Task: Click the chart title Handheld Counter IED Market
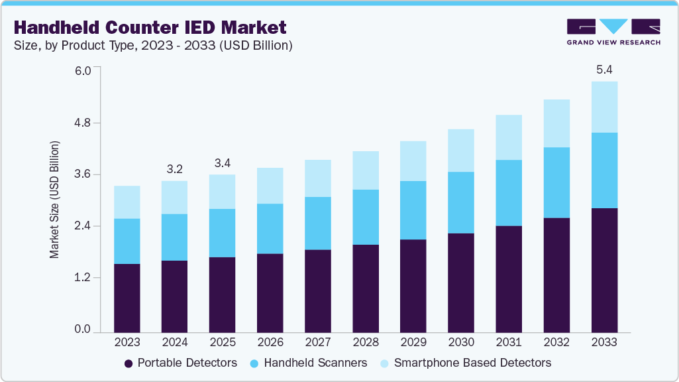pos(150,27)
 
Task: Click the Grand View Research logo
pos(613,31)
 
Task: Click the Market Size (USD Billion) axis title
pos(55,200)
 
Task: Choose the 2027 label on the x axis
pos(317,343)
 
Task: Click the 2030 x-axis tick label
pos(460,343)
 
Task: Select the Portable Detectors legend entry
pos(181,363)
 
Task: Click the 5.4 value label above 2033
pos(603,70)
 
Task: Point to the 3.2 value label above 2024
pos(174,169)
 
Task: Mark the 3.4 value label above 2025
pos(222,163)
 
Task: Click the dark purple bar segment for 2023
pos(127,298)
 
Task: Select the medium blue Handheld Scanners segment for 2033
pos(603,170)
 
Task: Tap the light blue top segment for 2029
pos(413,161)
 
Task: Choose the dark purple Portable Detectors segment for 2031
pos(508,279)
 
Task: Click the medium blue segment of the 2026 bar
pos(270,229)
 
